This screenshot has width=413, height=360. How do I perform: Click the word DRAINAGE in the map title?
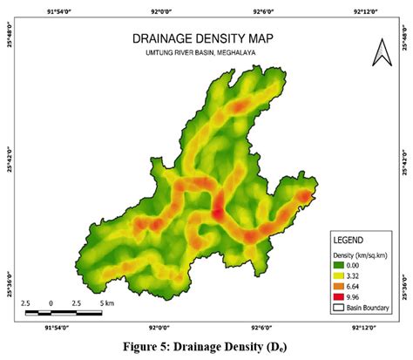tap(165, 39)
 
